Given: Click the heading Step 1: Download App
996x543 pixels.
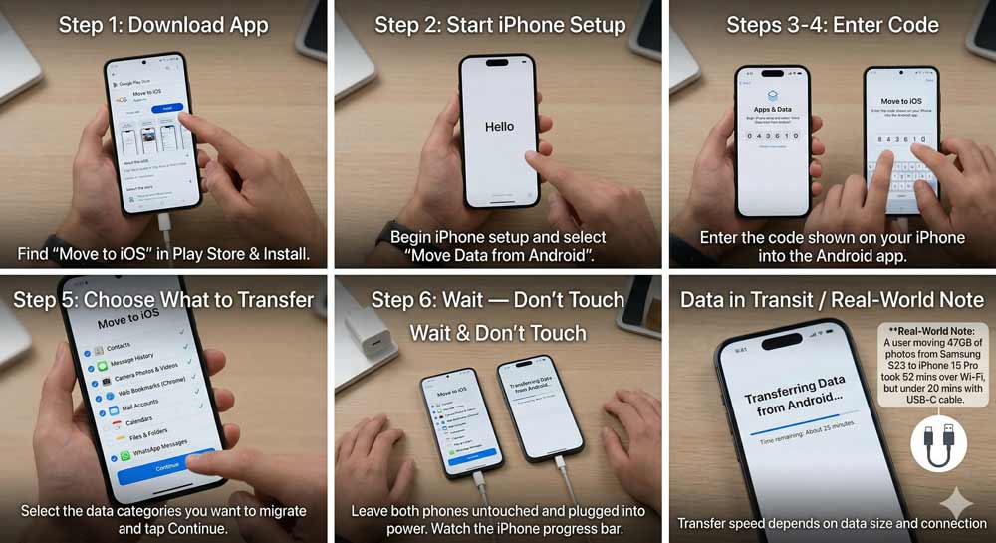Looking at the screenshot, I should (163, 25).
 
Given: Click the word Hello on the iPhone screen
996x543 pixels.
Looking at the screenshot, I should (498, 127).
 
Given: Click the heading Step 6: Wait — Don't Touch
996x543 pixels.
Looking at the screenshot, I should (498, 300).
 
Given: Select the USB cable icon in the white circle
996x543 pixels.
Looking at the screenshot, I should (938, 443).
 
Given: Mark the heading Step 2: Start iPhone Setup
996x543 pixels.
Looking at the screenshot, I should (500, 25).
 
